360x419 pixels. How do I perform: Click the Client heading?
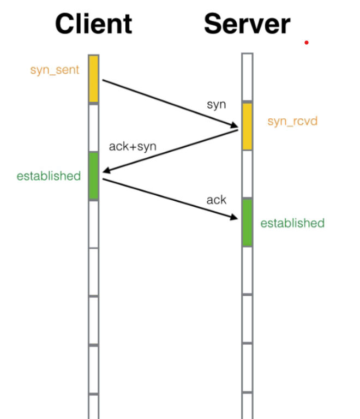click(93, 24)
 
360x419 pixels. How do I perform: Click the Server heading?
click(247, 24)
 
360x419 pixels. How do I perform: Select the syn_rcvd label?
click(292, 121)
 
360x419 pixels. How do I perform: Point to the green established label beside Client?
click(49, 176)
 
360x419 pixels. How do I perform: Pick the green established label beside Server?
click(292, 223)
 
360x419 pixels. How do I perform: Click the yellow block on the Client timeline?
click(94, 79)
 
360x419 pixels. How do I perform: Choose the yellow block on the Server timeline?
click(247, 126)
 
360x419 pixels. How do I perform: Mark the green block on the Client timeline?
click(93, 175)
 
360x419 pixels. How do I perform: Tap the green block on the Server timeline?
click(247, 222)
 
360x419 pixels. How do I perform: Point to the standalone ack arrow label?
click(216, 200)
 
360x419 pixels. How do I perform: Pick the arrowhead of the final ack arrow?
click(235, 217)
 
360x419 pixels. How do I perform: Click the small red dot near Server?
click(307, 43)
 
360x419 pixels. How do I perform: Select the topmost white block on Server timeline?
click(247, 77)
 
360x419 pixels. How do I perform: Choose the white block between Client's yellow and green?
click(94, 127)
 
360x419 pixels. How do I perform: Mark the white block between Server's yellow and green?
click(247, 173)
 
